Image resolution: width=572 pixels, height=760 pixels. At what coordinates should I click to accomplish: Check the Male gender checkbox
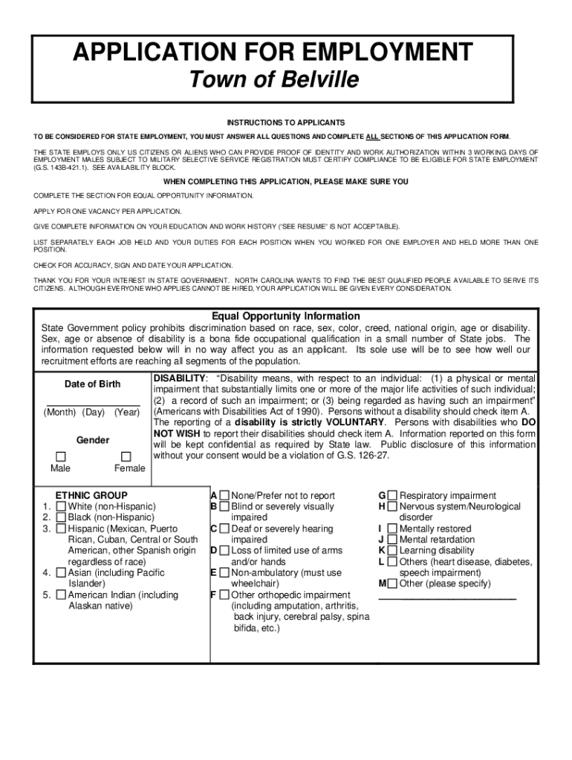[x=61, y=456]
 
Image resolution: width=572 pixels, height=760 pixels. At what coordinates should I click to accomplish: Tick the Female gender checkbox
[x=126, y=456]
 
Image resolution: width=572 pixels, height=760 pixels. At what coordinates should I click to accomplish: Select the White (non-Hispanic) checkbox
[x=60, y=506]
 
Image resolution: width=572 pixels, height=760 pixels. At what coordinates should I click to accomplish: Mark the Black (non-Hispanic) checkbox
[x=60, y=517]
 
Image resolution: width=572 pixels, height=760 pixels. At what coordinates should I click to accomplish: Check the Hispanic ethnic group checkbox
[x=60, y=528]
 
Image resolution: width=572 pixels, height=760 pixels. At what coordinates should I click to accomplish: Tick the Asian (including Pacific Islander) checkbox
[x=60, y=573]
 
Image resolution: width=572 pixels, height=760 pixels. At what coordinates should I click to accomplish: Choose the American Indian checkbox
[x=60, y=595]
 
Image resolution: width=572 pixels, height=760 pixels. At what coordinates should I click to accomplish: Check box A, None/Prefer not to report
[x=224, y=495]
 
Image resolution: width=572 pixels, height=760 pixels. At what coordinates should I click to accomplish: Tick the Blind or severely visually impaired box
[x=224, y=506]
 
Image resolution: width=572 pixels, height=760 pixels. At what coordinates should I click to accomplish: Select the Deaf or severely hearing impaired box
[x=224, y=528]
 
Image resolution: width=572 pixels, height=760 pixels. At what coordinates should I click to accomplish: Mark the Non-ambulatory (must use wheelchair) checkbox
[x=224, y=573]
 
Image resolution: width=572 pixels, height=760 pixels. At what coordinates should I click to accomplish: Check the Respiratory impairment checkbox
[x=392, y=495]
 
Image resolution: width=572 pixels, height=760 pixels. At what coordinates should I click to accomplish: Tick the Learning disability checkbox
[x=392, y=551]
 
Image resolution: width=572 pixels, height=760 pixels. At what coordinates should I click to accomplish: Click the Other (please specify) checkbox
[x=392, y=584]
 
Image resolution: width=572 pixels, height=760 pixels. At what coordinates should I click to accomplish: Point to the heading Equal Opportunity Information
[x=286, y=316]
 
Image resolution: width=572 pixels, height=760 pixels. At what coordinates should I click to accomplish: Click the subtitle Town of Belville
[x=272, y=79]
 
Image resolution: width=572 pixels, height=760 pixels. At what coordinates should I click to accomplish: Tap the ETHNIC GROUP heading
[x=91, y=495]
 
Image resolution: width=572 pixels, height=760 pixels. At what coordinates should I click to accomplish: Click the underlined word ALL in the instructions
[x=372, y=137]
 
